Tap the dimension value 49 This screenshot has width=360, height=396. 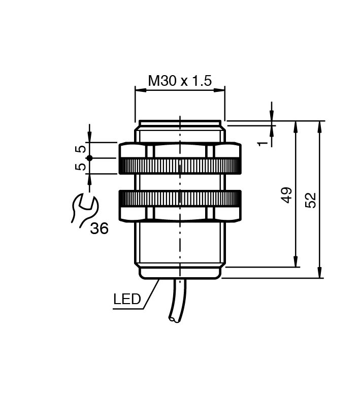tap(287, 194)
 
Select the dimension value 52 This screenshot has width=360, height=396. tap(311, 200)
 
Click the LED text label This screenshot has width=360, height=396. tap(127, 299)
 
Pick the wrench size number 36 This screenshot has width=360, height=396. tap(99, 229)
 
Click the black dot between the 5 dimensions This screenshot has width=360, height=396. tap(89, 158)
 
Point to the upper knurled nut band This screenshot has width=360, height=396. tap(179, 166)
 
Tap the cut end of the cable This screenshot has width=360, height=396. tap(174, 319)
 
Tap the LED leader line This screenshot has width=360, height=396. tap(152, 293)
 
